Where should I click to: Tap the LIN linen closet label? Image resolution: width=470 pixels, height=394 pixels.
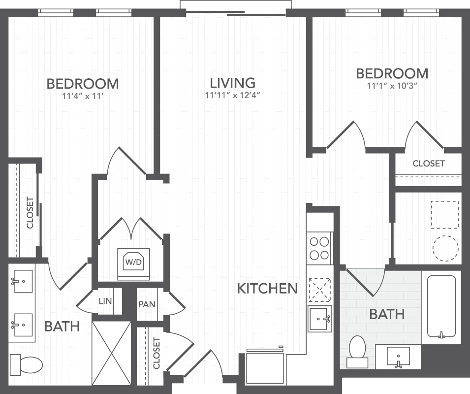click(x=105, y=301)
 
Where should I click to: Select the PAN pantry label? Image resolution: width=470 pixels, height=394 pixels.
click(x=147, y=305)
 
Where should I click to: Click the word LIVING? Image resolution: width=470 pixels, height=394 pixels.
click(x=233, y=83)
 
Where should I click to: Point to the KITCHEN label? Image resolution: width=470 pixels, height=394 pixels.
click(x=267, y=289)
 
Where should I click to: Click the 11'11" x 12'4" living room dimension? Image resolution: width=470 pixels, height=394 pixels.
click(x=232, y=96)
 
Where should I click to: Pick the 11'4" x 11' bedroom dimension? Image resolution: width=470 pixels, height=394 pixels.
click(x=83, y=96)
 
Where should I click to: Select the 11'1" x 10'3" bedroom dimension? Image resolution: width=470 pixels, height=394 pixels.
click(x=392, y=86)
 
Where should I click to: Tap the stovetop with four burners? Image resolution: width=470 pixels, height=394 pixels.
click(x=319, y=248)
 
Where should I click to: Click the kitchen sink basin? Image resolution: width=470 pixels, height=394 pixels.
click(x=319, y=319)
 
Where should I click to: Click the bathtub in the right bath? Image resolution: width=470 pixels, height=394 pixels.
click(x=441, y=307)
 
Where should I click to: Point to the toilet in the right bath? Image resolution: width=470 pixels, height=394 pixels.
click(x=357, y=352)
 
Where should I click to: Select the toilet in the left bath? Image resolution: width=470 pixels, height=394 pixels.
click(x=27, y=364)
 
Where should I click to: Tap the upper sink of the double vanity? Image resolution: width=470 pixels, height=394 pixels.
click(x=22, y=281)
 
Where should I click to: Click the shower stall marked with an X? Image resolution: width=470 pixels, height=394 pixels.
click(x=111, y=353)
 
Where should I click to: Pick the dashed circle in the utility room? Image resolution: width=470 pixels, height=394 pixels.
click(x=445, y=248)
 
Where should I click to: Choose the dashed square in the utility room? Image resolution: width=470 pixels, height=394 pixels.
click(x=444, y=215)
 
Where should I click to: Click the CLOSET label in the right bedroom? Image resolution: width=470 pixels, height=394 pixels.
click(x=428, y=164)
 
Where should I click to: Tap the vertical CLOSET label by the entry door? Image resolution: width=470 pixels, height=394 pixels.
click(x=157, y=353)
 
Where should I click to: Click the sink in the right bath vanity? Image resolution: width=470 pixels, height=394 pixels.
click(x=398, y=357)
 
